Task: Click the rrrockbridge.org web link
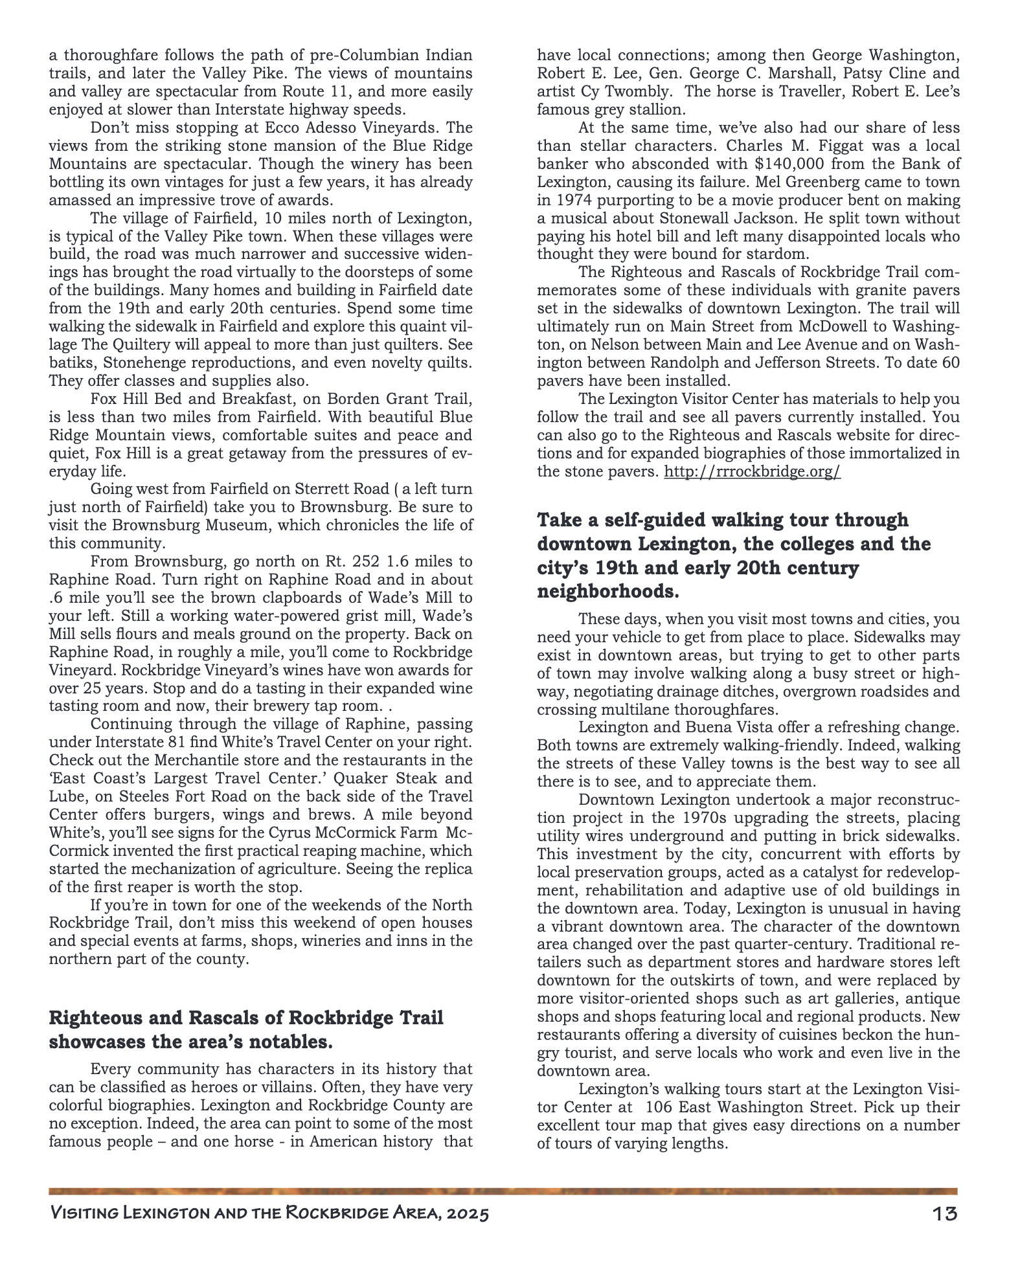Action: tap(752, 471)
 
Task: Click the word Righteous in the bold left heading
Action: tap(93, 1018)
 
